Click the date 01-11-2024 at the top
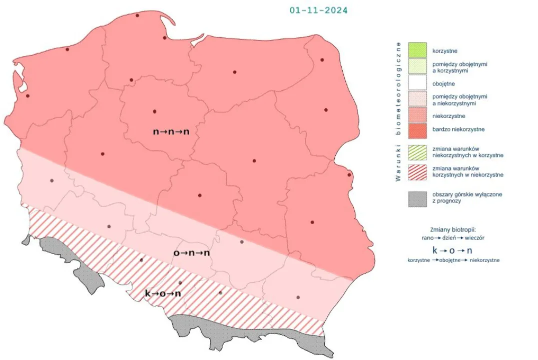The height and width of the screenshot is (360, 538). (x=319, y=10)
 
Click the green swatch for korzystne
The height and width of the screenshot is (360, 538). (x=417, y=50)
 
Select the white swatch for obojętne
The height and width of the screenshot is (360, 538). (x=417, y=83)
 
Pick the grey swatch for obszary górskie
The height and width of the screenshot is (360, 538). (x=417, y=197)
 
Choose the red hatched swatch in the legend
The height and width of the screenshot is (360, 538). (x=417, y=171)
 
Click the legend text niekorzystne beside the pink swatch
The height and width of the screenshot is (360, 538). (x=449, y=116)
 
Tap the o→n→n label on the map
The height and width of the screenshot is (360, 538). (x=191, y=253)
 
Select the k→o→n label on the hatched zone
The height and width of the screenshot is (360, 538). (x=163, y=293)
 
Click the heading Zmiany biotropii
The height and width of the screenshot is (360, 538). (x=453, y=229)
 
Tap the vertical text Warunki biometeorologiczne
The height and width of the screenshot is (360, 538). (x=399, y=111)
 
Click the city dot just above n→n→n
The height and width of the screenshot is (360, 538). (x=155, y=111)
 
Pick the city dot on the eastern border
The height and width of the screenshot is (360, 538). (x=349, y=175)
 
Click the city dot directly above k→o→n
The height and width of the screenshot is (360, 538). (x=180, y=283)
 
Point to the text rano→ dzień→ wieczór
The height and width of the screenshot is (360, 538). (x=453, y=238)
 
